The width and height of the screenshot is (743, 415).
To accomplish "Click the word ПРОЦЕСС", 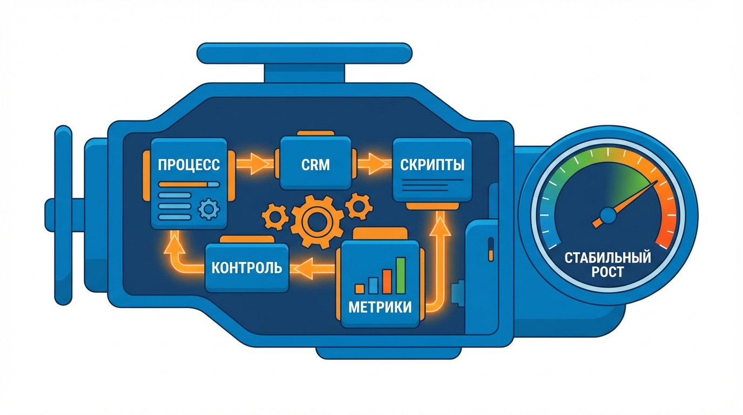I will (x=188, y=165).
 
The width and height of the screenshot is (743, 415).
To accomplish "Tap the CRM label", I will (x=315, y=164).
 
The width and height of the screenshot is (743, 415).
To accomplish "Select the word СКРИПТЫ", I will (x=432, y=164).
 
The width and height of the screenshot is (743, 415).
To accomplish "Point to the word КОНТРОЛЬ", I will (x=246, y=267).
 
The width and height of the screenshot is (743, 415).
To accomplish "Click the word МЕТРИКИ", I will (x=380, y=307).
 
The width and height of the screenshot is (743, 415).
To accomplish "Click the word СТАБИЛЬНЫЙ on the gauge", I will (x=607, y=258).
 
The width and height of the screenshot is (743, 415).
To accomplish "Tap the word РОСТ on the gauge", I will (x=607, y=272).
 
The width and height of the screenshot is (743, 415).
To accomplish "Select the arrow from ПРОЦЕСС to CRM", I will (x=254, y=163).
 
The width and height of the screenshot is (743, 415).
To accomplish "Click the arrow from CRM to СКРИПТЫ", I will (x=373, y=163).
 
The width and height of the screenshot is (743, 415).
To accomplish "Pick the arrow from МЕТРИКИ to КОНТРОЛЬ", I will (x=313, y=266).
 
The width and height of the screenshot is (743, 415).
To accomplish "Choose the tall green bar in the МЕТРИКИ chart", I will (x=400, y=275).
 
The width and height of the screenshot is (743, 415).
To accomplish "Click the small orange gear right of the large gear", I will (x=357, y=206).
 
